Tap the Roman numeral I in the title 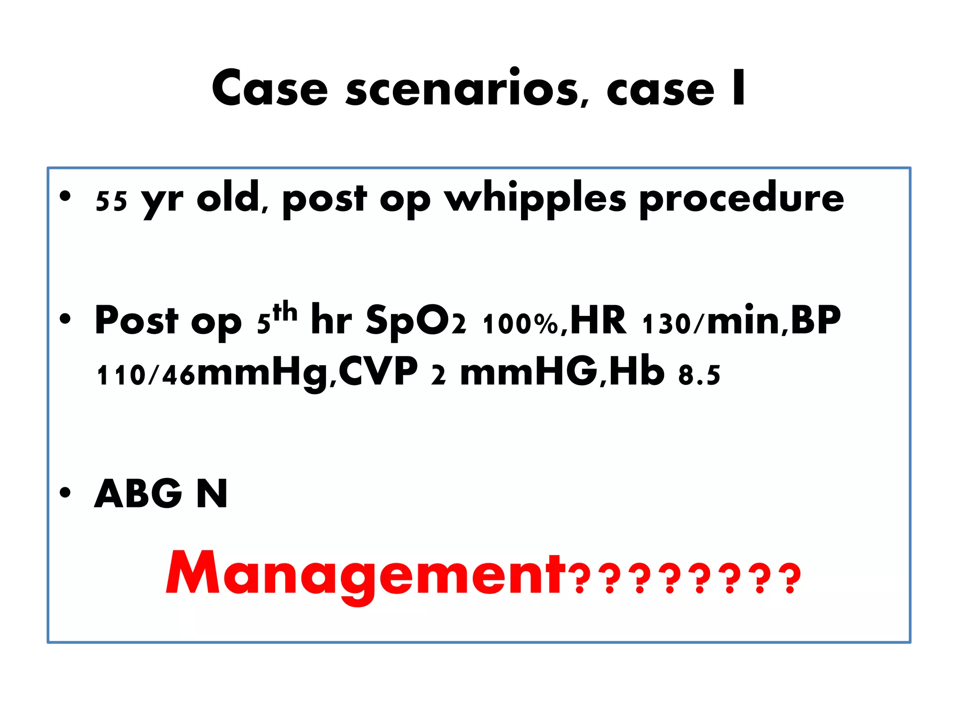pyautogui.click(x=739, y=88)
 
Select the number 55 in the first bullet pyautogui.click(x=111, y=201)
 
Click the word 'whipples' pyautogui.click(x=535, y=198)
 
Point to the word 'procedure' pyautogui.click(x=741, y=198)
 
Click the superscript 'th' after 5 pyautogui.click(x=285, y=311)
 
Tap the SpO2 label pyautogui.click(x=416, y=321)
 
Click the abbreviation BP pyautogui.click(x=816, y=320)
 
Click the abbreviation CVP pyautogui.click(x=378, y=372)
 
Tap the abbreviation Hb pyautogui.click(x=637, y=372)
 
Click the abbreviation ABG pyautogui.click(x=138, y=493)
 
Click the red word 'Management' pyautogui.click(x=364, y=574)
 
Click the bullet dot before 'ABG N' pyautogui.click(x=65, y=492)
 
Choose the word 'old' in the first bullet pyautogui.click(x=228, y=198)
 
